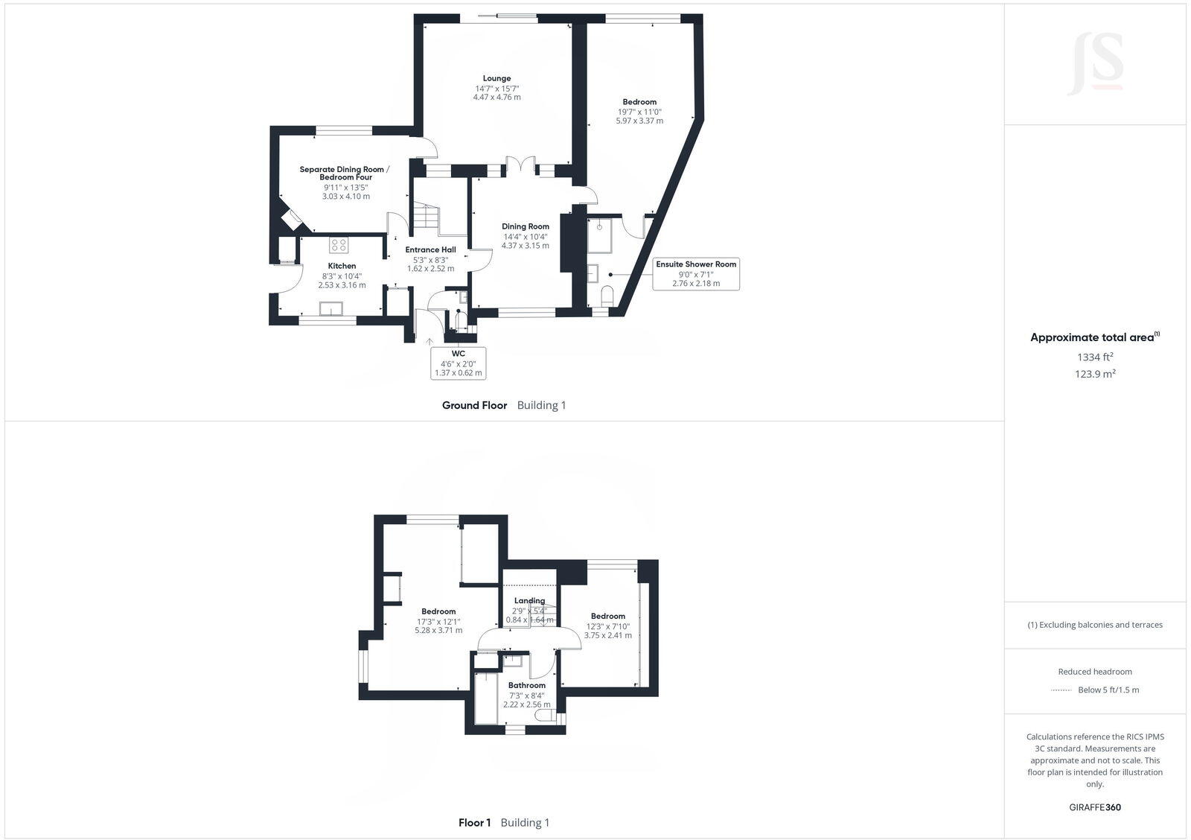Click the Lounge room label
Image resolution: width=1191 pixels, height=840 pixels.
click(496, 78)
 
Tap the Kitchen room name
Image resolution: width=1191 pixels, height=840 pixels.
click(342, 266)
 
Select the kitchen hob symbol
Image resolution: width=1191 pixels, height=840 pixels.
click(339, 244)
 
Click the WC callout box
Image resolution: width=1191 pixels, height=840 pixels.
click(458, 363)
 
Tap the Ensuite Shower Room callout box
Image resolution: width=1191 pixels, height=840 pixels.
click(696, 273)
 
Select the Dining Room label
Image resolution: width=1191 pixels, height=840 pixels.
click(525, 226)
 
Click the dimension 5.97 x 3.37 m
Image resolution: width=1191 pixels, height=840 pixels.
click(639, 121)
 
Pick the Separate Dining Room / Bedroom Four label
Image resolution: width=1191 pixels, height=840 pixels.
click(342, 173)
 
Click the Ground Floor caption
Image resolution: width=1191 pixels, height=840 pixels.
click(474, 405)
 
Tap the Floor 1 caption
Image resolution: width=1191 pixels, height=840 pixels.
click(474, 823)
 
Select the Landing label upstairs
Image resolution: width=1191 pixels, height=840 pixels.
click(529, 600)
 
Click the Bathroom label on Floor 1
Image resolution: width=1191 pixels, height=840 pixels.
click(526, 685)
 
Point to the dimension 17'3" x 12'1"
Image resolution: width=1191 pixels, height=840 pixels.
click(438, 621)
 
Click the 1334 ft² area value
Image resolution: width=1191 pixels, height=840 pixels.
click(1094, 357)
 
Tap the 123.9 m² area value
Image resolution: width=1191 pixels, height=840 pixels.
click(1094, 374)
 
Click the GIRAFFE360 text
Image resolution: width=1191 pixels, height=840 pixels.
click(1094, 807)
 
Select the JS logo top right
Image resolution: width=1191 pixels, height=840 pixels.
click(1095, 63)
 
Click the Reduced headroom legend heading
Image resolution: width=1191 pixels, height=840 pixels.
click(1094, 671)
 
